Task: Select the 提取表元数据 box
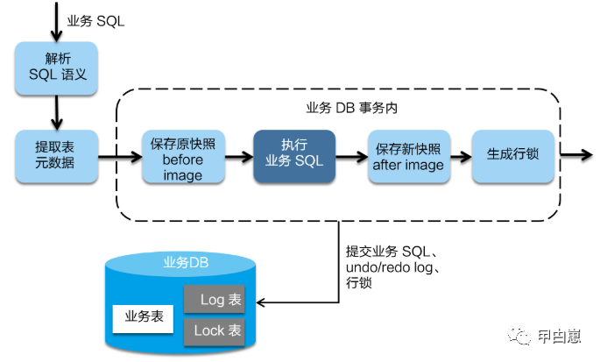pyautogui.click(x=56, y=155)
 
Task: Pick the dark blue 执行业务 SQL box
pyautogui.click(x=294, y=155)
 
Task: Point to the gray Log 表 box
pyautogui.click(x=214, y=300)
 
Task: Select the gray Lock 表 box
pyautogui.click(x=214, y=330)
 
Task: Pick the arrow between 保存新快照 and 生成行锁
pyautogui.click(x=461, y=156)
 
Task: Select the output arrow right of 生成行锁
pyautogui.click(x=576, y=155)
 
